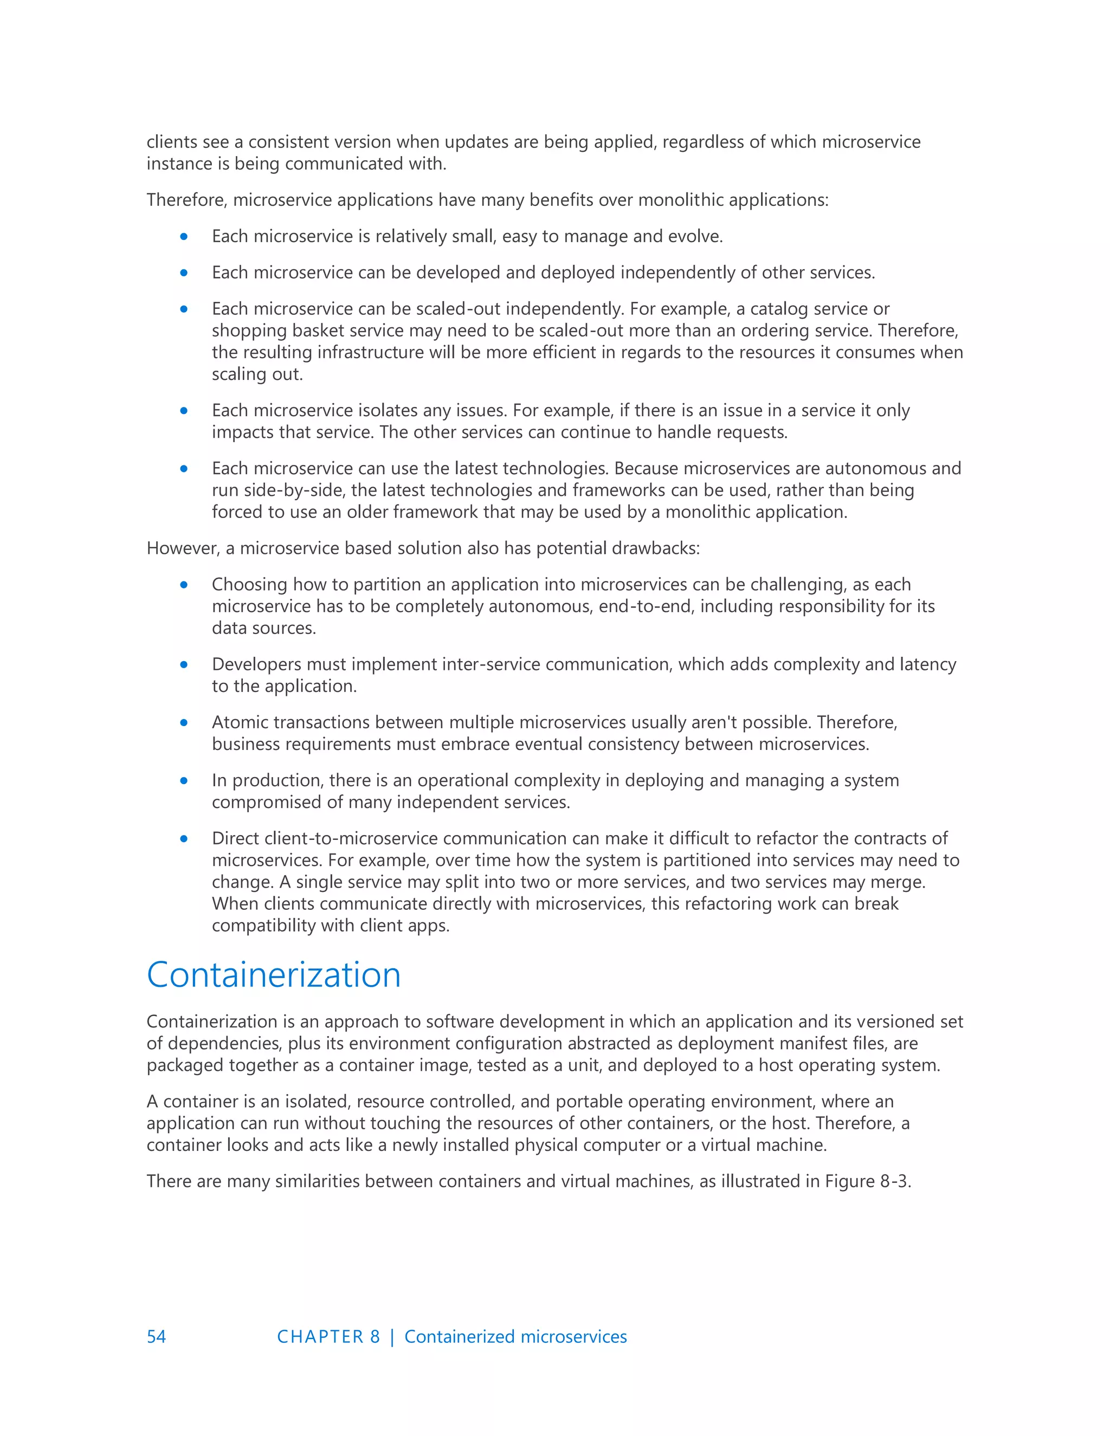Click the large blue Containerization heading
(274, 974)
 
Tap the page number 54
(157, 1337)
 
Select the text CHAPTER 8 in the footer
(328, 1337)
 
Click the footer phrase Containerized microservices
(515, 1337)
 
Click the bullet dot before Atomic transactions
(184, 722)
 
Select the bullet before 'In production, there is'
(184, 780)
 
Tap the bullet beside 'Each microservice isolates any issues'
(184, 411)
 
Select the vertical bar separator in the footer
(392, 1337)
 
